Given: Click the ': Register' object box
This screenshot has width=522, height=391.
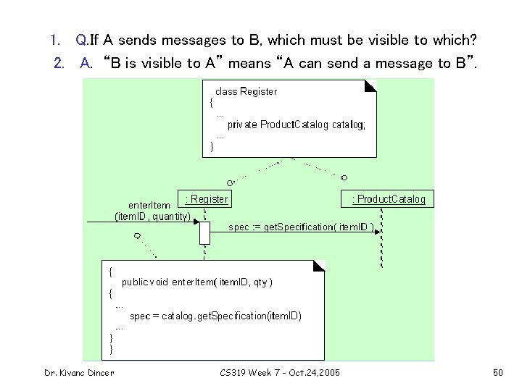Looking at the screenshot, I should point(207,199).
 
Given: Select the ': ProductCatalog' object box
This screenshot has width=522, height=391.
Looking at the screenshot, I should point(388,199).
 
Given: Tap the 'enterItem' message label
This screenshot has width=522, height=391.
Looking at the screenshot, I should point(149,205).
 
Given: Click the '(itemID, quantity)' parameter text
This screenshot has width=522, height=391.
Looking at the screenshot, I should point(152,216).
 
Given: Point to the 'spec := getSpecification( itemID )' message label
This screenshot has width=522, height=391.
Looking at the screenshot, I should point(301,227).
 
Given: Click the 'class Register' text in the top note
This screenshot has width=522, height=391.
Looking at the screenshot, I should point(246,91).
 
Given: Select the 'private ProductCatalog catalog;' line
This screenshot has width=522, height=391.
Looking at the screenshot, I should point(297,125).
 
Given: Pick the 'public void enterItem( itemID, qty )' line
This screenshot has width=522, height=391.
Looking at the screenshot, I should point(197,282).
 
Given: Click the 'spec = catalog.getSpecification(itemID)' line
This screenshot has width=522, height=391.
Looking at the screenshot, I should point(215,316).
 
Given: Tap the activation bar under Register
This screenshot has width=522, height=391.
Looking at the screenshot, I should point(204,233).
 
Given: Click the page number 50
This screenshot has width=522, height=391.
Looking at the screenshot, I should point(497,373).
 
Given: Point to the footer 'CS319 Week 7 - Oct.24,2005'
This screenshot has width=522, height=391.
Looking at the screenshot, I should point(278,373).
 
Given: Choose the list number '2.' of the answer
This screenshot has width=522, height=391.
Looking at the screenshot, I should point(60,63).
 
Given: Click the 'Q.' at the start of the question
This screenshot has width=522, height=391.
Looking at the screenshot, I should point(82,38).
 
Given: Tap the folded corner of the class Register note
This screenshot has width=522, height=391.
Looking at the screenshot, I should point(370,85).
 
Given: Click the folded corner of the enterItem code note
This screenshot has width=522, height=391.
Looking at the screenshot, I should point(320,266).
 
